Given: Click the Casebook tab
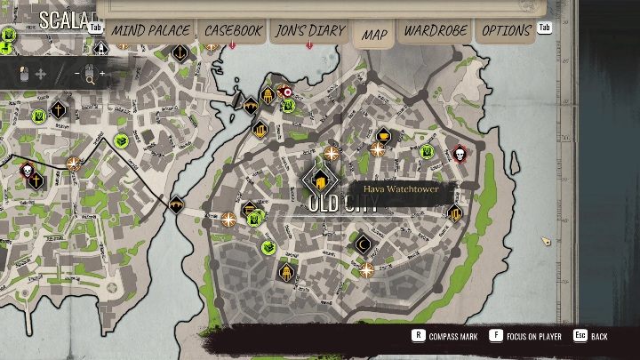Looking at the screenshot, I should tap(233, 30).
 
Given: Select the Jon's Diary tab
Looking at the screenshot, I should tap(310, 30).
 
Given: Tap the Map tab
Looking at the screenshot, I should tap(374, 35).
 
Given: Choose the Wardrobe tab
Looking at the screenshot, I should tap(436, 30).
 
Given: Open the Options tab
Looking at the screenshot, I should tap(506, 30).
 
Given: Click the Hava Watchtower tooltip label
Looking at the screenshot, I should tap(397, 188).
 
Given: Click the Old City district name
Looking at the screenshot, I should tap(343, 204).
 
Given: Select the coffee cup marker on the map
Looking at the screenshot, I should tap(383, 136).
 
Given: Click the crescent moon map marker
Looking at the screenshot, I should tap(362, 243).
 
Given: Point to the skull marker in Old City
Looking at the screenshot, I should tap(460, 155).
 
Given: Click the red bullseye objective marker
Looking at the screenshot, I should tap(286, 91).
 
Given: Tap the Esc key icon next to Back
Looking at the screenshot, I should tap(580, 336).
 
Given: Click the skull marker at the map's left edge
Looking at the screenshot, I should tap(26, 169).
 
